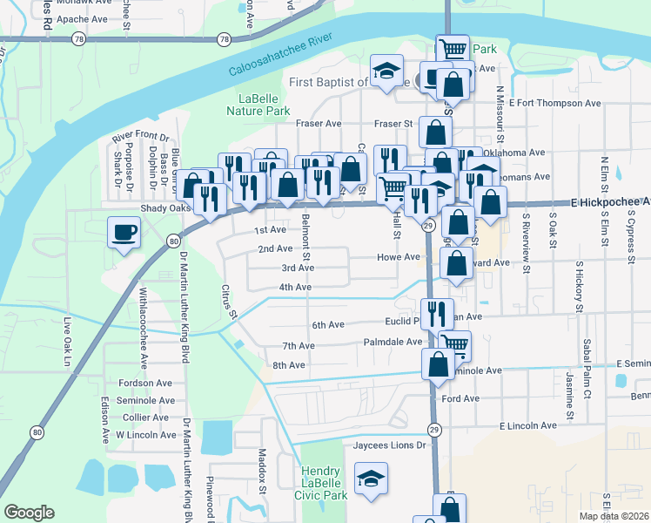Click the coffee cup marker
tap(123, 233)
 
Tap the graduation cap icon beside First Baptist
tap(386, 71)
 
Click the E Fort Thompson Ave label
tap(556, 103)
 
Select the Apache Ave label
tap(82, 17)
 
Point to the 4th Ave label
tap(295, 287)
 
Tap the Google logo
tap(30, 513)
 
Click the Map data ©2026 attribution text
tap(614, 516)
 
